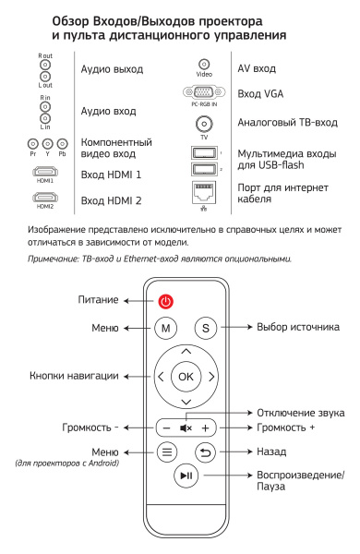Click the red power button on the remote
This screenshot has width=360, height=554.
pos(165,301)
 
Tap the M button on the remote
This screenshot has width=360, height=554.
pos(165,327)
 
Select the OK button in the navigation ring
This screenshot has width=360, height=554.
pos(186,377)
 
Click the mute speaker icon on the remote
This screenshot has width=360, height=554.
pos(185,428)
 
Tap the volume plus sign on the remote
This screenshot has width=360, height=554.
pos(207,428)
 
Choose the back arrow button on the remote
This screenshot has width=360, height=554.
pos(205,452)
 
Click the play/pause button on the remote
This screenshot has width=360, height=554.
pos(186,476)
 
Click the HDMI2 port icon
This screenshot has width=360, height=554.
pos(44,197)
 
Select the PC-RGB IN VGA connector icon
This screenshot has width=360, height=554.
pos(200,93)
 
